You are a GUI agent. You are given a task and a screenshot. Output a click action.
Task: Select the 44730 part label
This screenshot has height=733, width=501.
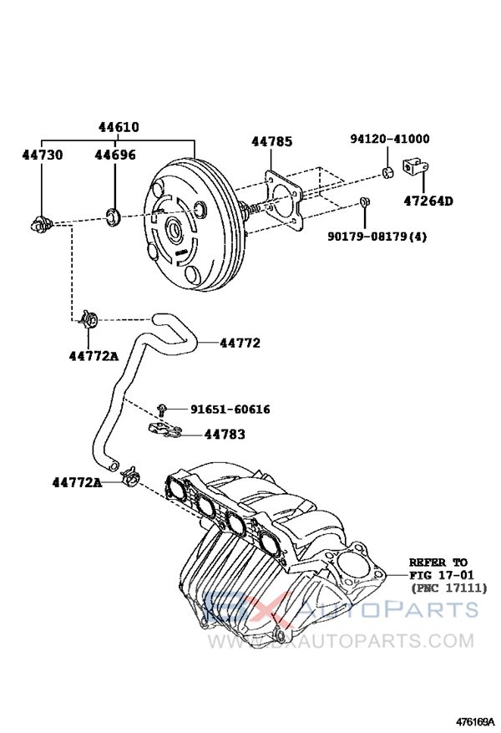click(41, 155)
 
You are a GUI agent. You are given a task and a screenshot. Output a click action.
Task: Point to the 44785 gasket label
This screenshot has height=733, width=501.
click(271, 143)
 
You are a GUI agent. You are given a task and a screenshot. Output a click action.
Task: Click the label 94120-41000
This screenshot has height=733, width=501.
click(390, 140)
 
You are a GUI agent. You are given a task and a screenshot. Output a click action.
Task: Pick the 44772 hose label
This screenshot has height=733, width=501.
click(240, 343)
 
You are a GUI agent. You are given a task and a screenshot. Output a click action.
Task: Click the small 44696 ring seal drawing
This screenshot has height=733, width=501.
click(115, 219)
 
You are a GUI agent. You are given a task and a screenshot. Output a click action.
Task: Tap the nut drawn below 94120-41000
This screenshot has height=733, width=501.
click(388, 173)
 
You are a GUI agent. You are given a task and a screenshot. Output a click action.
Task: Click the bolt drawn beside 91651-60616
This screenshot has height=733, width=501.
click(163, 409)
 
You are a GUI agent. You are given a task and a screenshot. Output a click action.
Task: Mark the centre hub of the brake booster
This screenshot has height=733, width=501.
click(176, 228)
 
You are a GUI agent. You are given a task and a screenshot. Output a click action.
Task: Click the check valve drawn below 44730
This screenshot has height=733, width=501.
click(40, 223)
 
